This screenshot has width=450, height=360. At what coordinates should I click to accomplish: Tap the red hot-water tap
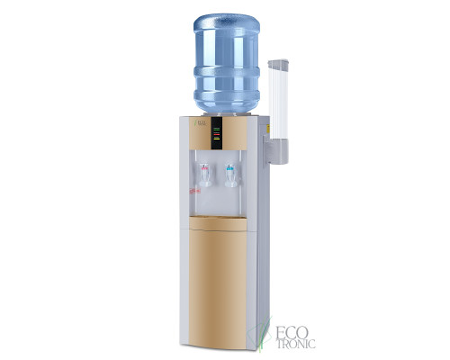coord(206,170)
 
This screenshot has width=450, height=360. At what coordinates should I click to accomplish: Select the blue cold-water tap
coord(229,170)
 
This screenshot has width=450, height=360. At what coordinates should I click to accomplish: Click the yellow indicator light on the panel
coord(216,137)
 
